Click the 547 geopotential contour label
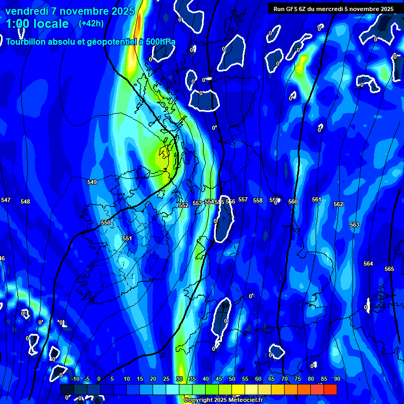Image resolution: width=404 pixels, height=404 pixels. [6, 200]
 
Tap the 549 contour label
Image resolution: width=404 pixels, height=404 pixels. [92, 182]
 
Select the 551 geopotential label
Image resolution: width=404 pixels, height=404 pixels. [127, 238]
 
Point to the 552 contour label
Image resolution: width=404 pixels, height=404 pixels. [184, 205]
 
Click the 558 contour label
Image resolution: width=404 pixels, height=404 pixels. [258, 200]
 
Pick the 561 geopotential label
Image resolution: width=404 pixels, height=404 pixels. [316, 199]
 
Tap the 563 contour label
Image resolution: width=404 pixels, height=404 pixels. [355, 225]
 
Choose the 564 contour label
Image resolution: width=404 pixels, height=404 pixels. [368, 264]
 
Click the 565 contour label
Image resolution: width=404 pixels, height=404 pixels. [389, 269]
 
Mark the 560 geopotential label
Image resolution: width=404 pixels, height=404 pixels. [293, 201]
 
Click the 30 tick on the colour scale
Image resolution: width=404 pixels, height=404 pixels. [179, 379]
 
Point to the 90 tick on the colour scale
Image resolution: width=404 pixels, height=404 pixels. [337, 379]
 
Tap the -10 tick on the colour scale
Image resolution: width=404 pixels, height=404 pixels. [75, 379]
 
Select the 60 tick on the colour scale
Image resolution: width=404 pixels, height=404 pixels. [258, 379]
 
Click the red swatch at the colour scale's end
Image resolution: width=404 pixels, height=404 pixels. [330, 389]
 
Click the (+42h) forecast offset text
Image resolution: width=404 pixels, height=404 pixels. [91, 23]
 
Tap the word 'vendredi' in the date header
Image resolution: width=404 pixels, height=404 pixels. [28, 11]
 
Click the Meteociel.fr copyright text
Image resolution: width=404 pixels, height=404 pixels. [223, 400]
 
